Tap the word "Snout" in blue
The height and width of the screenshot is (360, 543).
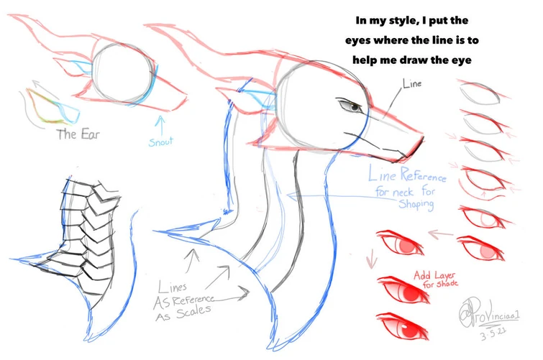coord(161,142)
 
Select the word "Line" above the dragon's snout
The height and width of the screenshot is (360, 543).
coord(413,84)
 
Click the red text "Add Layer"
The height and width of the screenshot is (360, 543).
coord(436,274)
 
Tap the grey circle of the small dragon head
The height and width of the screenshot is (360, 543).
coord(123,73)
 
